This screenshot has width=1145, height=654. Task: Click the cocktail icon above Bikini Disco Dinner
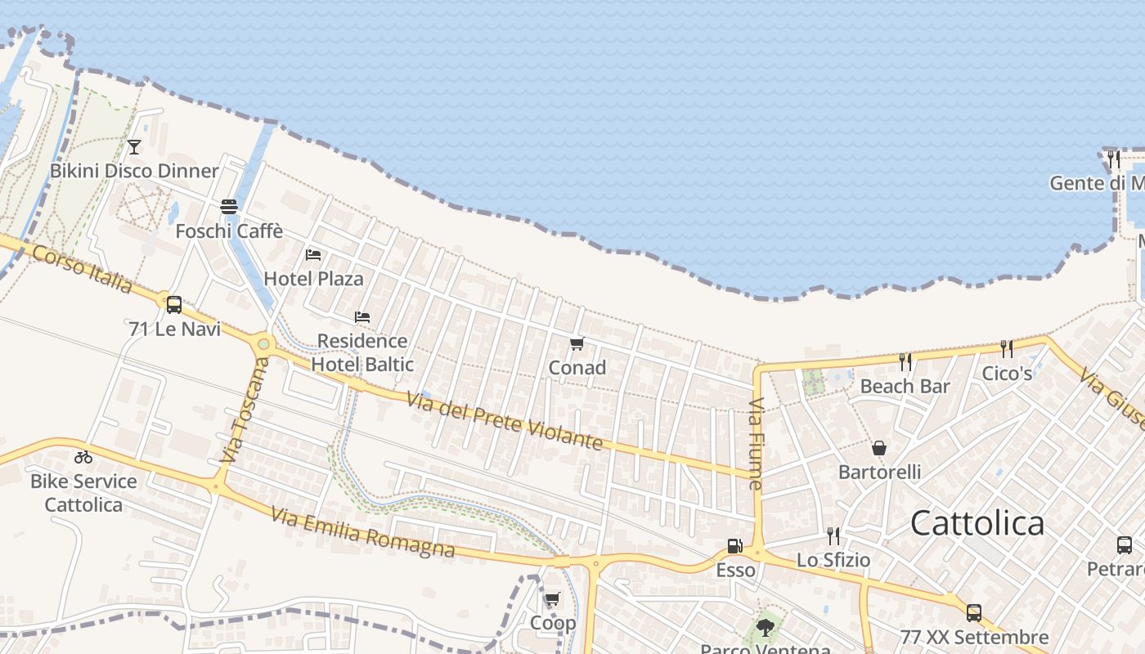point(134,147)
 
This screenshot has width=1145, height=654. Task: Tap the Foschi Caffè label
point(229,231)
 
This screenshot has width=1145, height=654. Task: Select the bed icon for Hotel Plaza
point(313,255)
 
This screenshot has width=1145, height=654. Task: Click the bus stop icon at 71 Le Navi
point(174,305)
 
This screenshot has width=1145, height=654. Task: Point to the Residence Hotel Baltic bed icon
point(362,317)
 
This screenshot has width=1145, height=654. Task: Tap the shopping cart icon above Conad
point(577,343)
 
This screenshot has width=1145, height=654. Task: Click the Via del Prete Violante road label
point(505,420)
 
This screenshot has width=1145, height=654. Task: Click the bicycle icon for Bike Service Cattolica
point(83,457)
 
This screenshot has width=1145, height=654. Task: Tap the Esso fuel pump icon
point(735,546)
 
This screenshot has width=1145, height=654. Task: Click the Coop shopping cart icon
point(553,599)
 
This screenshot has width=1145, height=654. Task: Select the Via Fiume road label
point(756,444)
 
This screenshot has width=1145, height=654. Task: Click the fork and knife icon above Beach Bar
point(905,362)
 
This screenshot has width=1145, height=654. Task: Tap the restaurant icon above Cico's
point(1007,349)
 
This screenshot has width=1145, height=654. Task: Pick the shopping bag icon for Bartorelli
point(879,448)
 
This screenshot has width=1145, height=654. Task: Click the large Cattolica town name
point(977,523)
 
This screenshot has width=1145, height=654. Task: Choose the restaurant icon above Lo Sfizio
point(833,536)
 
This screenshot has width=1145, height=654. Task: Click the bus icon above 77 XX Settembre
point(973,613)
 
